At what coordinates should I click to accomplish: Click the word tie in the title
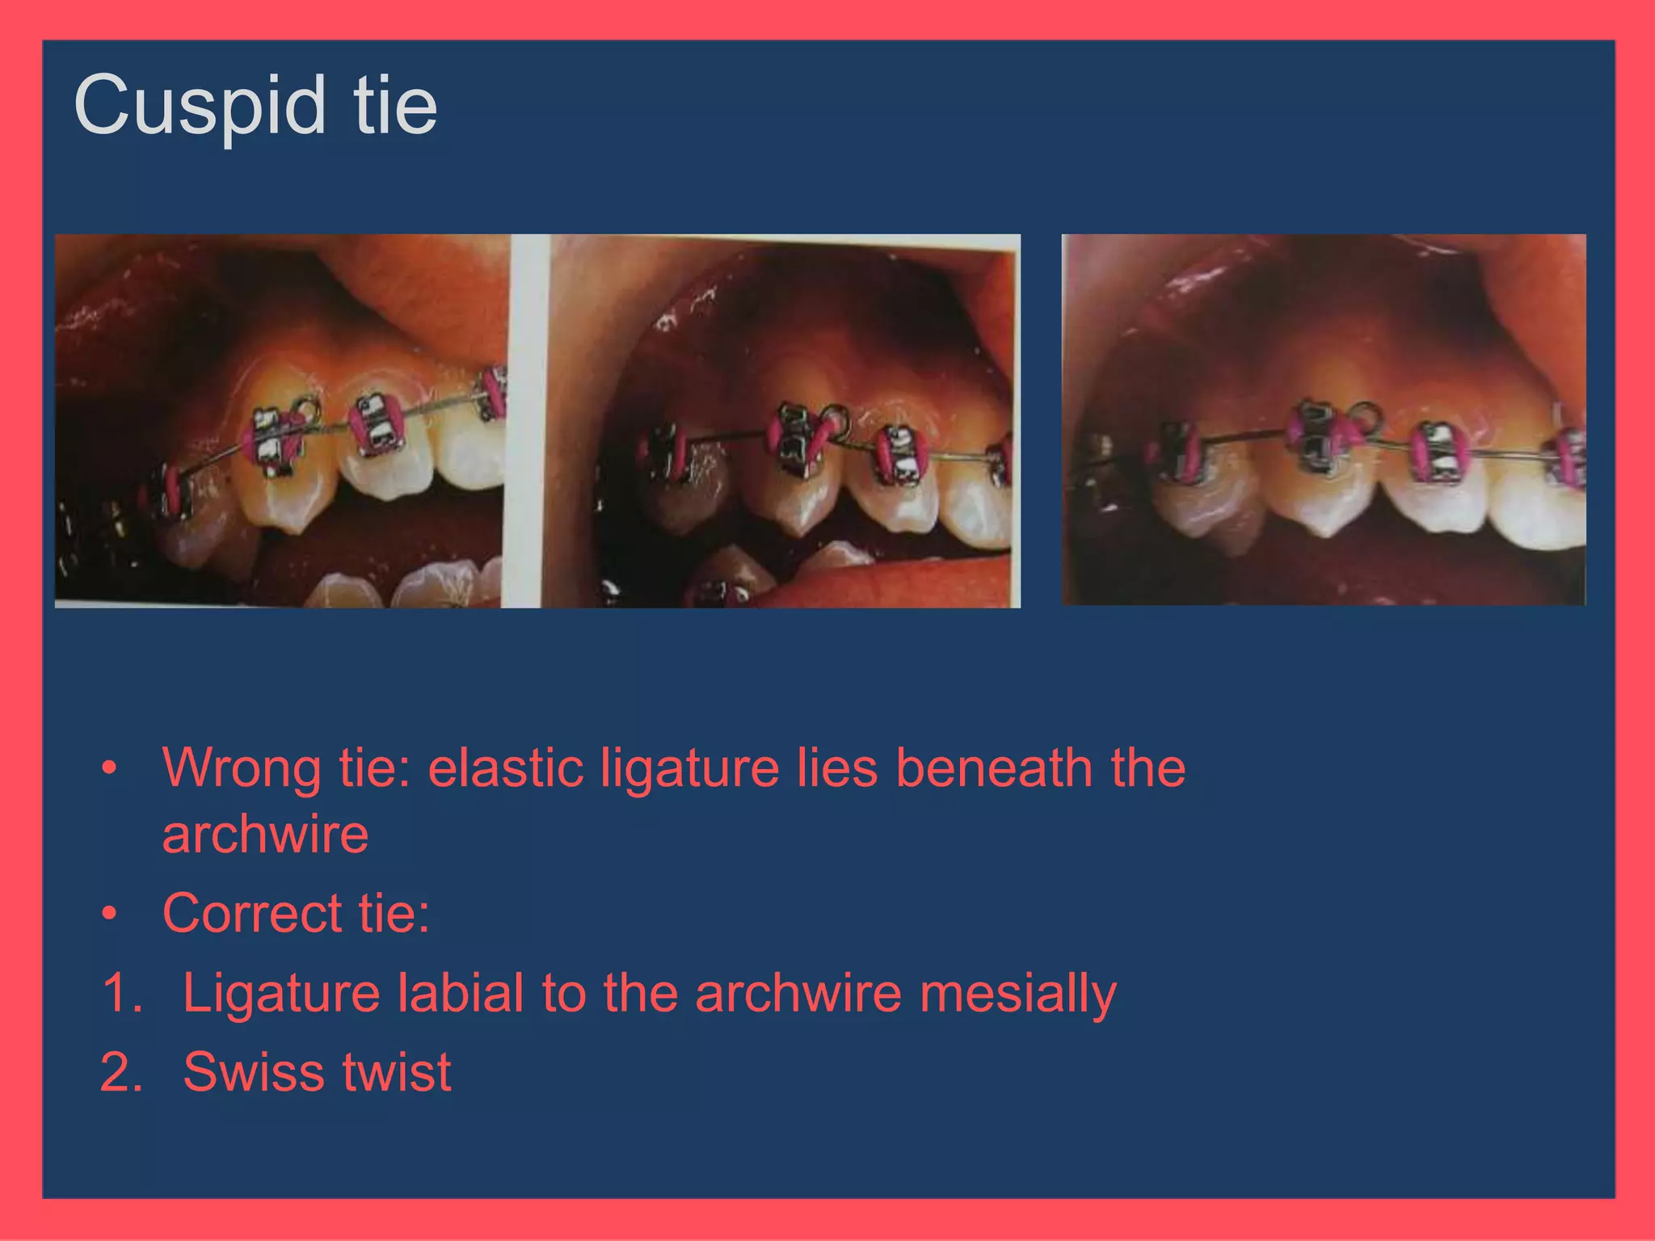(395, 106)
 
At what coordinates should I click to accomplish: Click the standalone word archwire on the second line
(265, 835)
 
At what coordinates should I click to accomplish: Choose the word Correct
(251, 914)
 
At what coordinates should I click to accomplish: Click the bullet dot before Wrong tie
(110, 768)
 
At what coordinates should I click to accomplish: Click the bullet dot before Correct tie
(110, 915)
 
